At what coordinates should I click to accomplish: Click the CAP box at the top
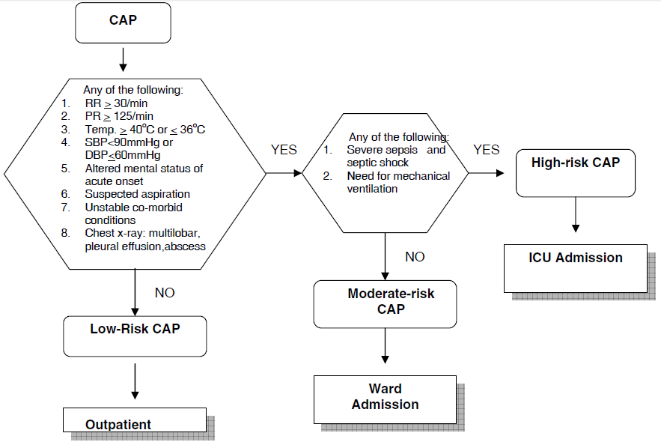(x=123, y=22)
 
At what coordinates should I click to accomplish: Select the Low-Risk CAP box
(x=135, y=335)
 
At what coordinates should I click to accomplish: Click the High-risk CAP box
(x=576, y=172)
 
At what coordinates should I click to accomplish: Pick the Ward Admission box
(x=385, y=397)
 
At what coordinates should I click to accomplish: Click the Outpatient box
(x=134, y=421)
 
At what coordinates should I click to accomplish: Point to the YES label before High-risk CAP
(x=487, y=150)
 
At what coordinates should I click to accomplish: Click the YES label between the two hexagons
(x=284, y=150)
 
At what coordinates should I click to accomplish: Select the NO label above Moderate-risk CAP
(x=415, y=257)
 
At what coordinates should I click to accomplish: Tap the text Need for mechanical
(x=398, y=176)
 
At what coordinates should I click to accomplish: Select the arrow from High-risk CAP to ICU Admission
(x=576, y=217)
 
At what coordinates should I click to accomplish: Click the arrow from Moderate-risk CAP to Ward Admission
(x=385, y=348)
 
